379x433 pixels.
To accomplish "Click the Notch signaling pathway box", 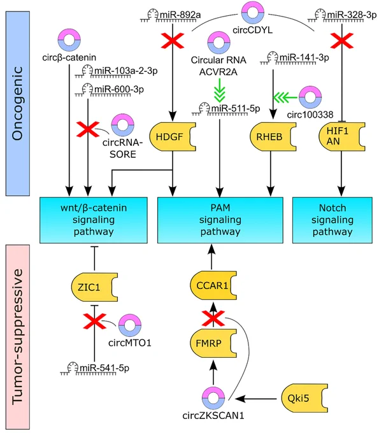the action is coord(333,220).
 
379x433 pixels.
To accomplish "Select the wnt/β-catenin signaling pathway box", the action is coord(94,220).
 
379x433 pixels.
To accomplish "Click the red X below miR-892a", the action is coord(173,41).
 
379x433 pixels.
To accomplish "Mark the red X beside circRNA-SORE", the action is coord(88,129).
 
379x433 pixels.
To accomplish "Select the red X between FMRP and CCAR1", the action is coord(213,318).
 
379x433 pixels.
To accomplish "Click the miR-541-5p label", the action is coord(104,368).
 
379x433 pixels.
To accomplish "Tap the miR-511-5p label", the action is coord(236,108).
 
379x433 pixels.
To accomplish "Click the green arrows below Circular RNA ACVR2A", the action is coord(220,90).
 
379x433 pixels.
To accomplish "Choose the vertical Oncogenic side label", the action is coord(17,103).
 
